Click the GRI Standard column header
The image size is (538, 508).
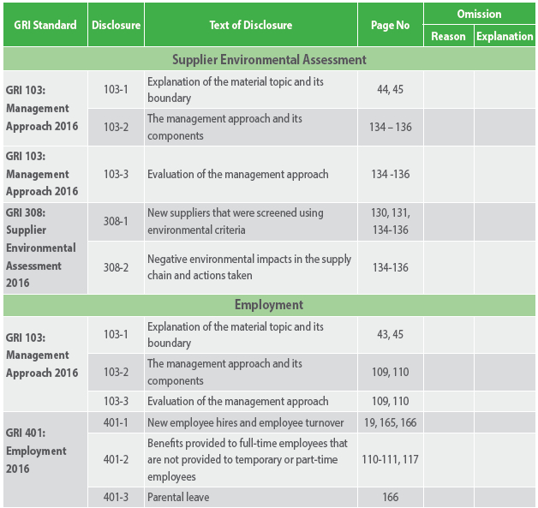[45, 25]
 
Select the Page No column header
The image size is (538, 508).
[390, 25]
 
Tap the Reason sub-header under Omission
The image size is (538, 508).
[448, 36]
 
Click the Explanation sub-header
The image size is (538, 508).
[505, 36]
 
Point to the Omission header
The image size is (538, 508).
[479, 14]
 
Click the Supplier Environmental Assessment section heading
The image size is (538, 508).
[269, 60]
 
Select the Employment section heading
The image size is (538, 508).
[269, 305]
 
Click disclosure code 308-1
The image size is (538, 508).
[116, 221]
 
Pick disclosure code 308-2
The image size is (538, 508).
[116, 267]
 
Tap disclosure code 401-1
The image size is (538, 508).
[116, 422]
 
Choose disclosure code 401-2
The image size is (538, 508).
[116, 459]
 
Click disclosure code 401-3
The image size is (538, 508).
[116, 497]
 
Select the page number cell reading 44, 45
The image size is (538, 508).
[390, 89]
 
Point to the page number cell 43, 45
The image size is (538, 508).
[390, 334]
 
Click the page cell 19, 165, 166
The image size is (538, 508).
[390, 422]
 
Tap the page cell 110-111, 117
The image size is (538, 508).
[390, 459]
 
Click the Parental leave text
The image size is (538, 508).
[178, 497]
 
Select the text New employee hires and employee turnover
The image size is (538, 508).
[245, 422]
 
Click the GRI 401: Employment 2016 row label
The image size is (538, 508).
[36, 451]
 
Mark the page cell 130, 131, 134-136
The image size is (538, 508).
[390, 221]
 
